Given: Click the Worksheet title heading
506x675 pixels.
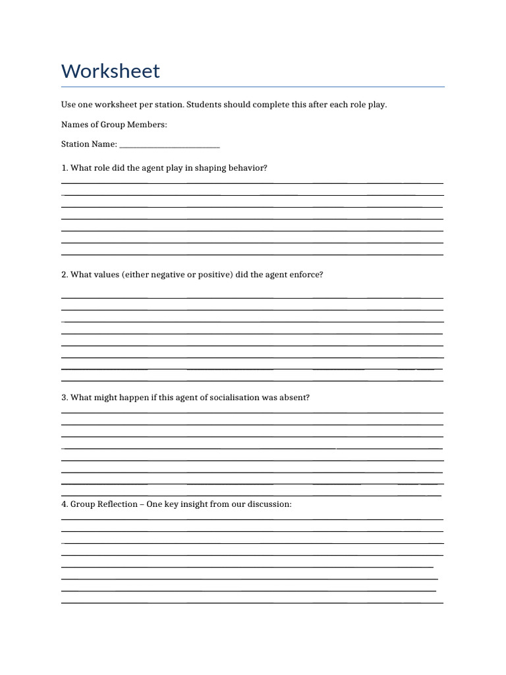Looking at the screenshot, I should point(111,71).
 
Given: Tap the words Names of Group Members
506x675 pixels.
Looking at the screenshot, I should point(114,125).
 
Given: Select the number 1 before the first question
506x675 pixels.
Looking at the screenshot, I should point(63,168).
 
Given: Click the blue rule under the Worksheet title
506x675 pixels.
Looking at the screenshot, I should point(253,86).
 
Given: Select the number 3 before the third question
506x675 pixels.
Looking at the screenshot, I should point(63,397).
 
